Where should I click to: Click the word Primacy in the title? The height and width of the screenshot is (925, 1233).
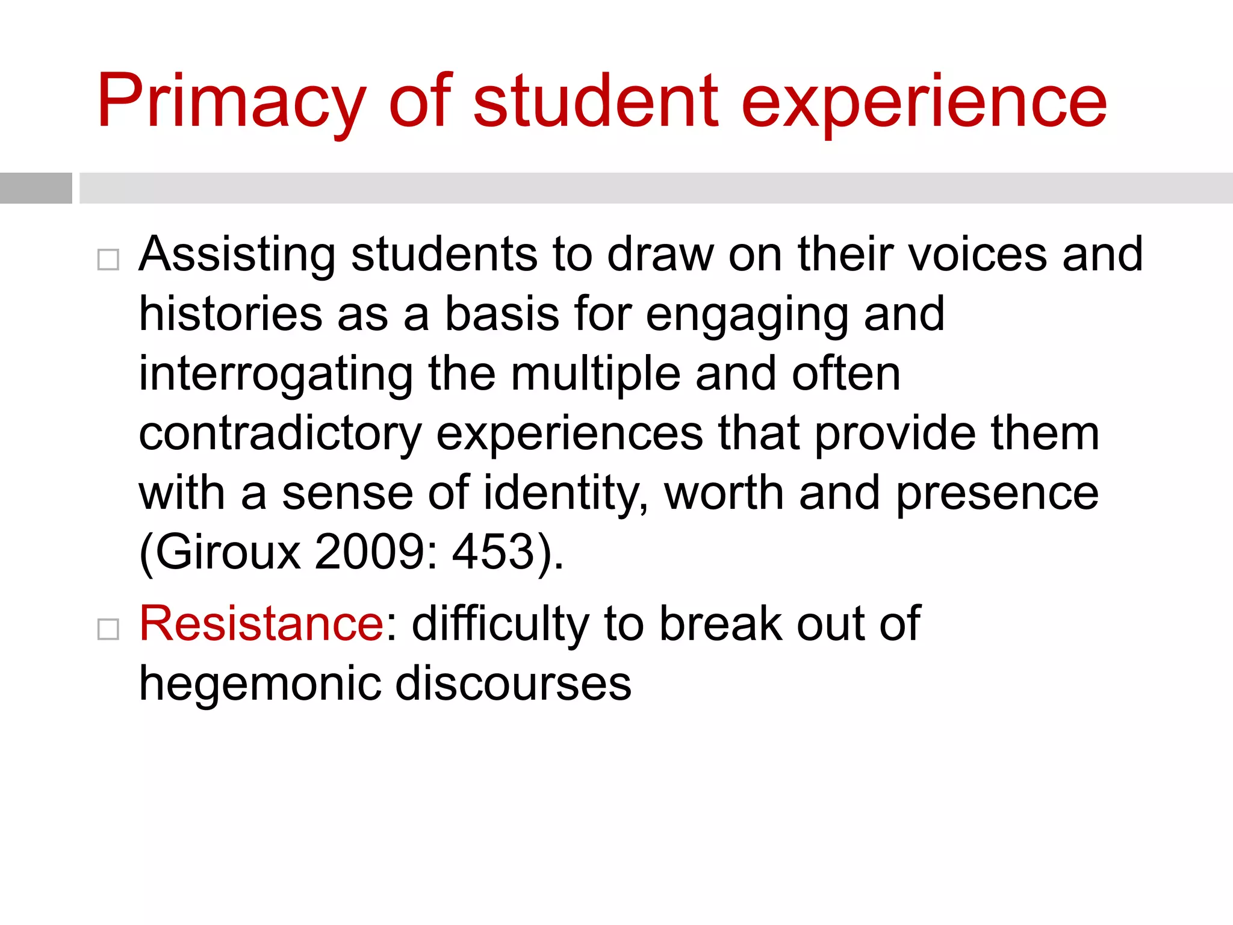[232, 102]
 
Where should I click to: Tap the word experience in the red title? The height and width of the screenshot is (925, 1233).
[924, 102]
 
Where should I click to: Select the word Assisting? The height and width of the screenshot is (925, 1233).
[237, 255]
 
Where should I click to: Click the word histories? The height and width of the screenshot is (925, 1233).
[231, 314]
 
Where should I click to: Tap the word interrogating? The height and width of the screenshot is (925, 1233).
[276, 375]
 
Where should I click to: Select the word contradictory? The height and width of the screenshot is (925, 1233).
[280, 434]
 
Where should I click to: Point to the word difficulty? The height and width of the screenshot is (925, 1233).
[500, 624]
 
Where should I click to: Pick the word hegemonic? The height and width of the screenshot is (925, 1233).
[259, 684]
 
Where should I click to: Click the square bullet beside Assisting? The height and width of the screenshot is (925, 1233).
[108, 260]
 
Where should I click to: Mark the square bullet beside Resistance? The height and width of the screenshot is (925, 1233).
[108, 630]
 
